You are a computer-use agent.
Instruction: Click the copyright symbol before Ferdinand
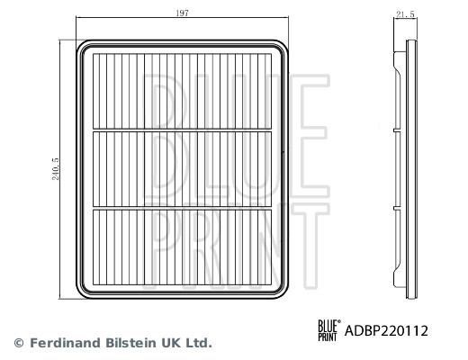pyautogui.click(x=19, y=343)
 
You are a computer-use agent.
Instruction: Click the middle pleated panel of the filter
pyautogui.click(x=184, y=169)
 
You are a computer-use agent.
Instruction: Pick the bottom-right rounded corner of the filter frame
pyautogui.click(x=286, y=292)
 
